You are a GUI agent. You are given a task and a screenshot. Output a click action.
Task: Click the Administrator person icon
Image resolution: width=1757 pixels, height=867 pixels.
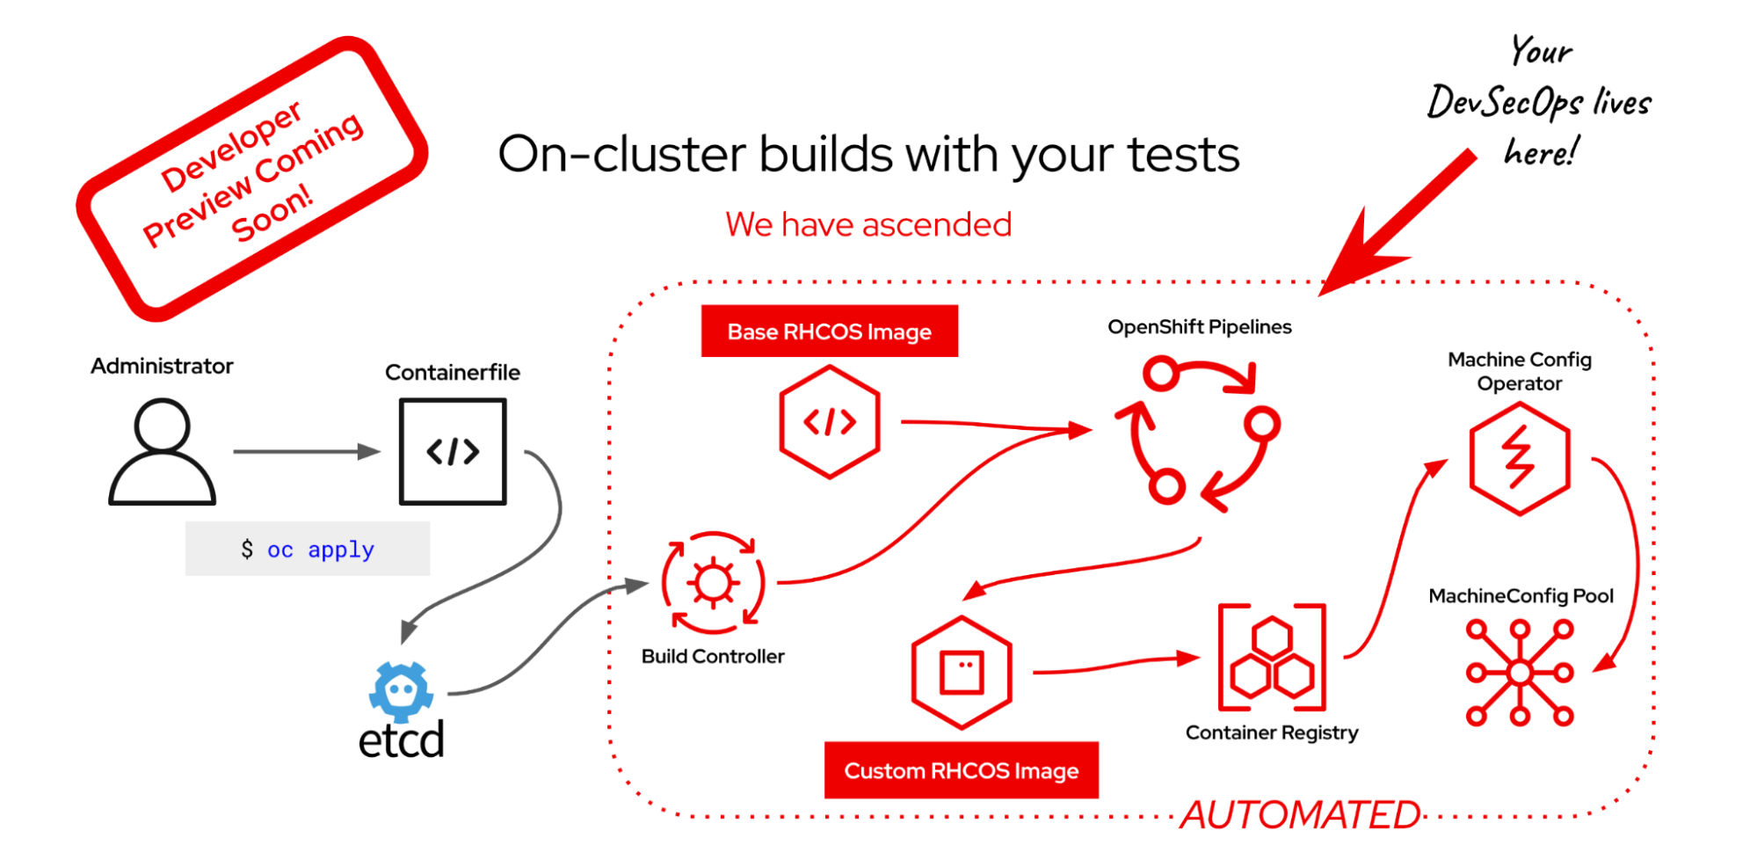point(162,452)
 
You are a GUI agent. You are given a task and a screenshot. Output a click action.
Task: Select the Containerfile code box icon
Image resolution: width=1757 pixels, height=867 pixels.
point(453,452)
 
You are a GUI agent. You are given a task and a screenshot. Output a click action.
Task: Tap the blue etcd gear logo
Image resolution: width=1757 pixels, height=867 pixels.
point(402,690)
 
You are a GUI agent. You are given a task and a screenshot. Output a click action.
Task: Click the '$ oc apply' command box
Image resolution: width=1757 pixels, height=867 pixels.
point(308,550)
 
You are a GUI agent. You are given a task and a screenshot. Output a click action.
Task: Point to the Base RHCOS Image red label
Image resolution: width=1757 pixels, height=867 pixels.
point(829,331)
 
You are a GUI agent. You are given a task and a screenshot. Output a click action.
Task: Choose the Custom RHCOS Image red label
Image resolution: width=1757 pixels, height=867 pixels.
point(961,770)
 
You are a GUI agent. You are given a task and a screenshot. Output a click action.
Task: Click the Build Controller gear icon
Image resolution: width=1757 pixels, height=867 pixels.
point(713,583)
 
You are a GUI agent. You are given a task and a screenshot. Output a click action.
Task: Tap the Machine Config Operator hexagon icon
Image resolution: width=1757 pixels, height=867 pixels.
point(1520,458)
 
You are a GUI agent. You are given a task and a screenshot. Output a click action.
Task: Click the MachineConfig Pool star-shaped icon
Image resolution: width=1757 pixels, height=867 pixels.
point(1520,673)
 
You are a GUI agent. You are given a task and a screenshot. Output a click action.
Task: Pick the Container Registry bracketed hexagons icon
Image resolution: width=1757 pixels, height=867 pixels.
point(1272,657)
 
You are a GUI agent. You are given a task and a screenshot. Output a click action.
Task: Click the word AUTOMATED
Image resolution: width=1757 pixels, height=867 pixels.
point(1300,815)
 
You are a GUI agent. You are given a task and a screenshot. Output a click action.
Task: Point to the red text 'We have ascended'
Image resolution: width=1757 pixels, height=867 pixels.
point(868,225)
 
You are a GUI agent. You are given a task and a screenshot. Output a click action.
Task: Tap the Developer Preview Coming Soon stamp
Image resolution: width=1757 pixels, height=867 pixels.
point(252,178)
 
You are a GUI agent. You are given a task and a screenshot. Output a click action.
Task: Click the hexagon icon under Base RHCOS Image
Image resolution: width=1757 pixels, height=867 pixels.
point(829,423)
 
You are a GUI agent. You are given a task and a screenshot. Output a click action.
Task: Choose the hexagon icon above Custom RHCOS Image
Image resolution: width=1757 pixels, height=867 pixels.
point(962,673)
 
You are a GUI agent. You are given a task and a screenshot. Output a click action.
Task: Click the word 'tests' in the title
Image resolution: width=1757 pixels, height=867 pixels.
point(1183,156)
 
